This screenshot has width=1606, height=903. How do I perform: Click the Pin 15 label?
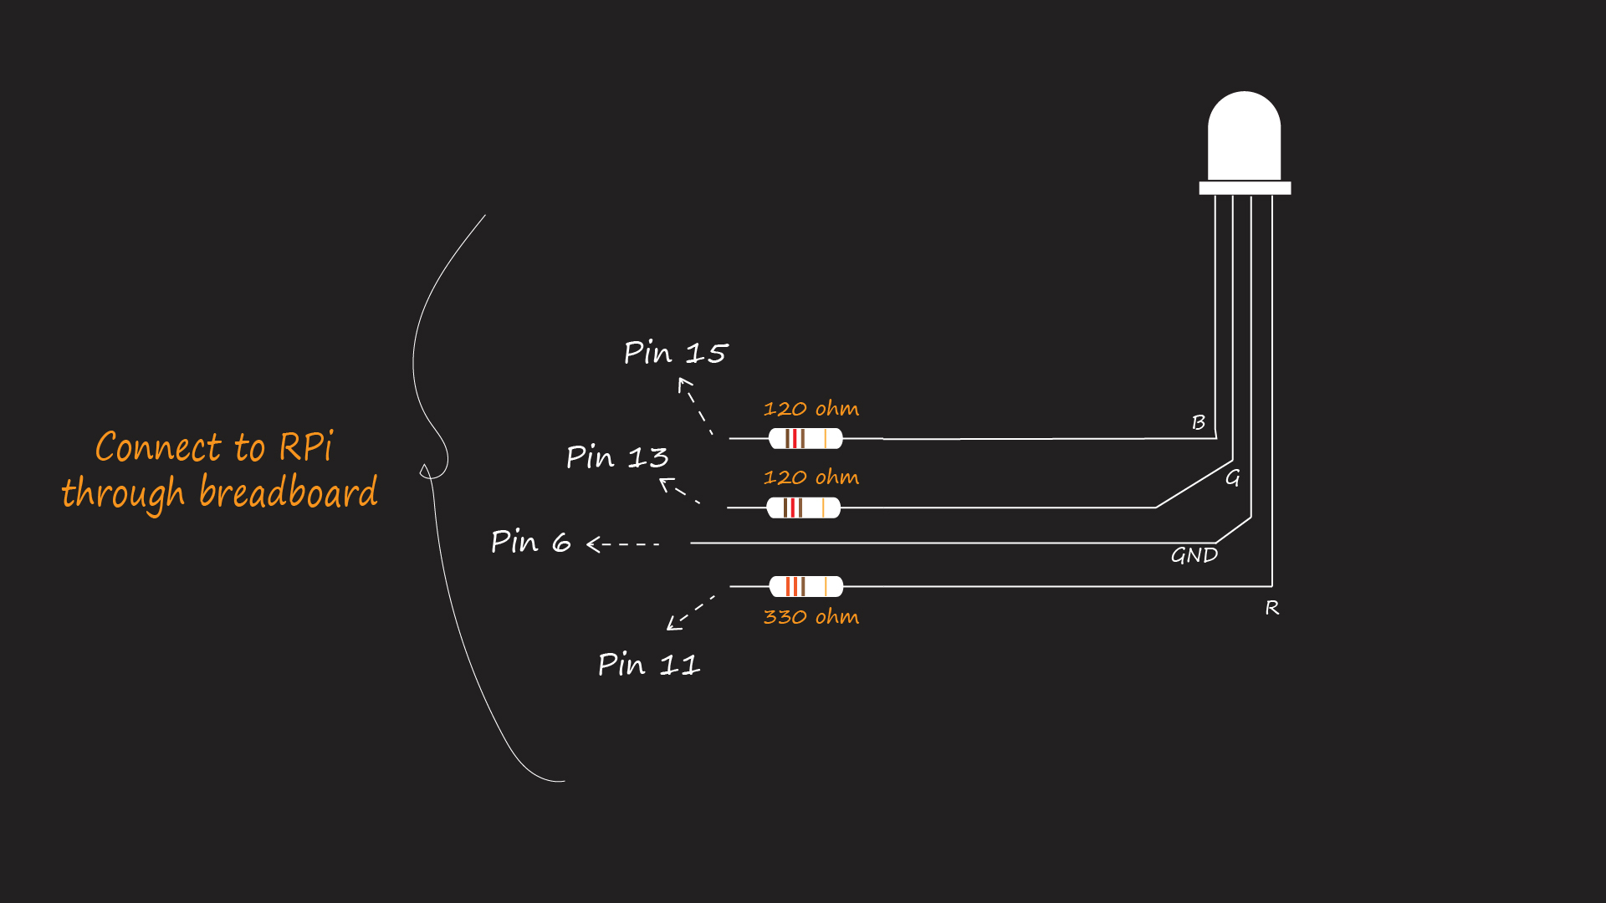click(x=676, y=353)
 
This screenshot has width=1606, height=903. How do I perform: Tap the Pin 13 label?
click(x=617, y=457)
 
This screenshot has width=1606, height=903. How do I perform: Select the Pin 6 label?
click(x=531, y=542)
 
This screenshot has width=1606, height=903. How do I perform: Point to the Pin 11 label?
click(x=649, y=665)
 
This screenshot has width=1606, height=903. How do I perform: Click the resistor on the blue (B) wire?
click(x=806, y=438)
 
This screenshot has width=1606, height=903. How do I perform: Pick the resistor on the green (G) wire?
click(x=804, y=508)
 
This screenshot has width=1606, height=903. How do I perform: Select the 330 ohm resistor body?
click(x=806, y=586)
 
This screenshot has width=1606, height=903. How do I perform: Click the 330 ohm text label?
click(x=811, y=617)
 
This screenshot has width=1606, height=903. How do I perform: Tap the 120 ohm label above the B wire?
click(x=811, y=409)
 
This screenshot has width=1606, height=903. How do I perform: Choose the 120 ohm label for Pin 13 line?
click(x=811, y=477)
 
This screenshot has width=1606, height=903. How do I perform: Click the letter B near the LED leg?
click(x=1199, y=423)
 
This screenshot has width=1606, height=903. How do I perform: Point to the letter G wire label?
click(x=1232, y=478)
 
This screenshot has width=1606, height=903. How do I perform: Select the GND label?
click(x=1194, y=555)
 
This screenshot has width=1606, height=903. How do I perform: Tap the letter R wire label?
click(x=1271, y=608)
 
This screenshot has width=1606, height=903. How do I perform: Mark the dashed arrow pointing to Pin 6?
click(x=622, y=544)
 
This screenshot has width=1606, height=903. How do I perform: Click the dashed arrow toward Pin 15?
click(x=695, y=406)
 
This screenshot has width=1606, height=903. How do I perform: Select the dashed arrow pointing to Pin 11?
click(x=690, y=613)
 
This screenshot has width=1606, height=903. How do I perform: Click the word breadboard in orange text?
click(x=288, y=492)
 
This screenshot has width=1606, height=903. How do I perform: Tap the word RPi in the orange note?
click(x=305, y=447)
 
